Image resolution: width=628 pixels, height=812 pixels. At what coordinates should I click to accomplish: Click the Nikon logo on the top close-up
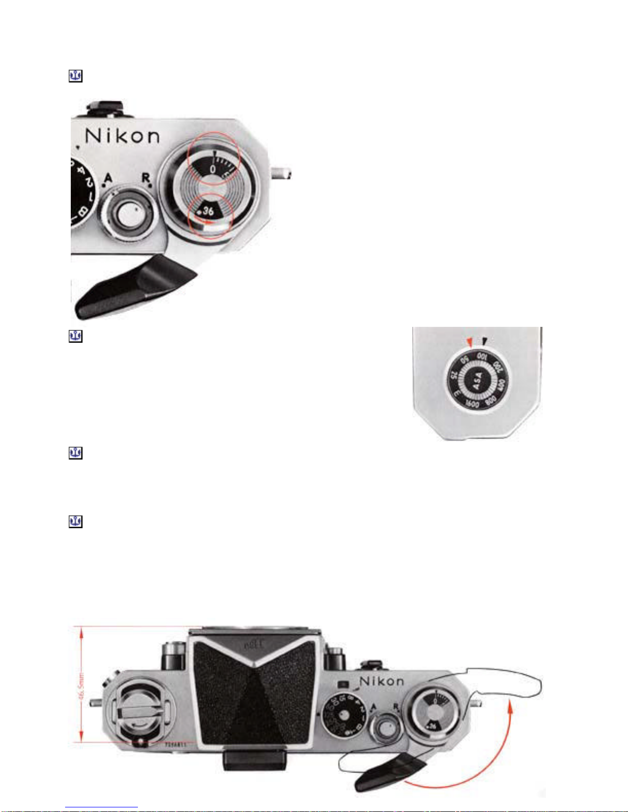[x=123, y=136]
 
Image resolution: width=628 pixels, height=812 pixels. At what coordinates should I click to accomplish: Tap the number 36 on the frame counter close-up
[x=208, y=211]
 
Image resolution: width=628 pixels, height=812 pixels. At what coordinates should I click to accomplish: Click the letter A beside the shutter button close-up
[x=108, y=178]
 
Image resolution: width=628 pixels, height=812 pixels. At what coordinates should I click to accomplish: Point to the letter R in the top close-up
[x=146, y=178]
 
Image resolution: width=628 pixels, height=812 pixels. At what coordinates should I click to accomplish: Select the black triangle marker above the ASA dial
[x=484, y=341]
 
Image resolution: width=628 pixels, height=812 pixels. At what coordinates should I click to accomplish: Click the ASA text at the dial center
[x=478, y=381]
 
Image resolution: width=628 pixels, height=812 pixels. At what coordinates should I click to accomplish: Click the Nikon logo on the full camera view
[x=381, y=681]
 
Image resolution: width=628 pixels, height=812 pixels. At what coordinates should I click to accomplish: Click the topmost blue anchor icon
[x=76, y=76]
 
